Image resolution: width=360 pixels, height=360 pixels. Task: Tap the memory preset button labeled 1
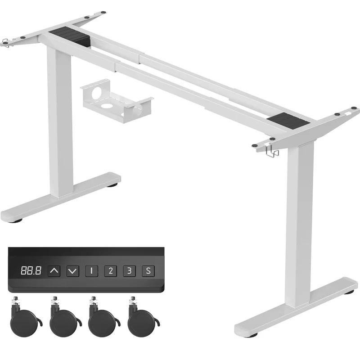point(92,271)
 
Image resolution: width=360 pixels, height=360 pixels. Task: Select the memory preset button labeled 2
point(110,271)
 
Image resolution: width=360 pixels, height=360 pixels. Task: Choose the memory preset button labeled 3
point(129,271)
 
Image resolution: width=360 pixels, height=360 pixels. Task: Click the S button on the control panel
point(148,271)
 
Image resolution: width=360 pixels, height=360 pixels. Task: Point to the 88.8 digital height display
point(31,271)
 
